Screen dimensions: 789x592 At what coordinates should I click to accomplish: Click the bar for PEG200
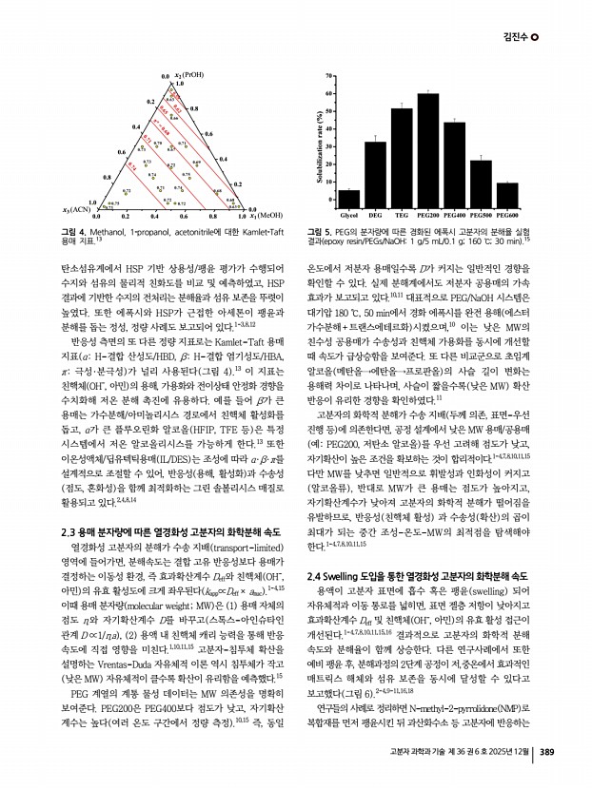[427, 147]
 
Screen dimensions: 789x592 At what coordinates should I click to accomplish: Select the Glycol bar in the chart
[349, 197]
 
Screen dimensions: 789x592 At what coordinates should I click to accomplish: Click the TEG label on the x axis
[402, 215]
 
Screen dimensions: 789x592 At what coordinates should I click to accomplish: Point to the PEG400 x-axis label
[455, 215]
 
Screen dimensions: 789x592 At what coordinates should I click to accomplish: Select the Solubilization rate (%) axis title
[313, 137]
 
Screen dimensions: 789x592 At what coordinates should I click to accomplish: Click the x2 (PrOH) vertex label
[185, 74]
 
